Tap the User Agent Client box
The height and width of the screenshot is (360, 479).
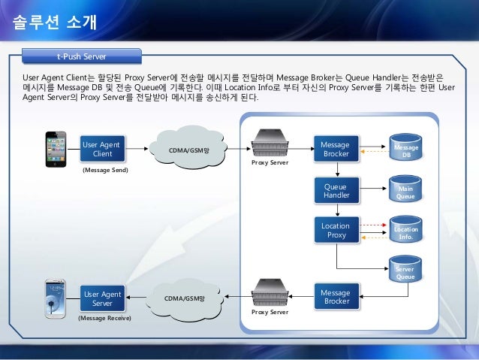(x=102, y=149)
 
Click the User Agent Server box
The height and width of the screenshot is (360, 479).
(x=102, y=298)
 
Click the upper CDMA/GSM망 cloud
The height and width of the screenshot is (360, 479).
(x=188, y=149)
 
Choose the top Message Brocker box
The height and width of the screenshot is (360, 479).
(x=335, y=149)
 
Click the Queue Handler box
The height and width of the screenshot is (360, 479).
(x=335, y=190)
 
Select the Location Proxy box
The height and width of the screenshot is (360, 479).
(x=335, y=230)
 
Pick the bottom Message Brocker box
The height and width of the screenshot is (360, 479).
(x=335, y=297)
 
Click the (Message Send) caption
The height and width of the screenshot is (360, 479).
(x=104, y=171)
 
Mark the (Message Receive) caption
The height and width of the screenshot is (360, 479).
(x=104, y=319)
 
